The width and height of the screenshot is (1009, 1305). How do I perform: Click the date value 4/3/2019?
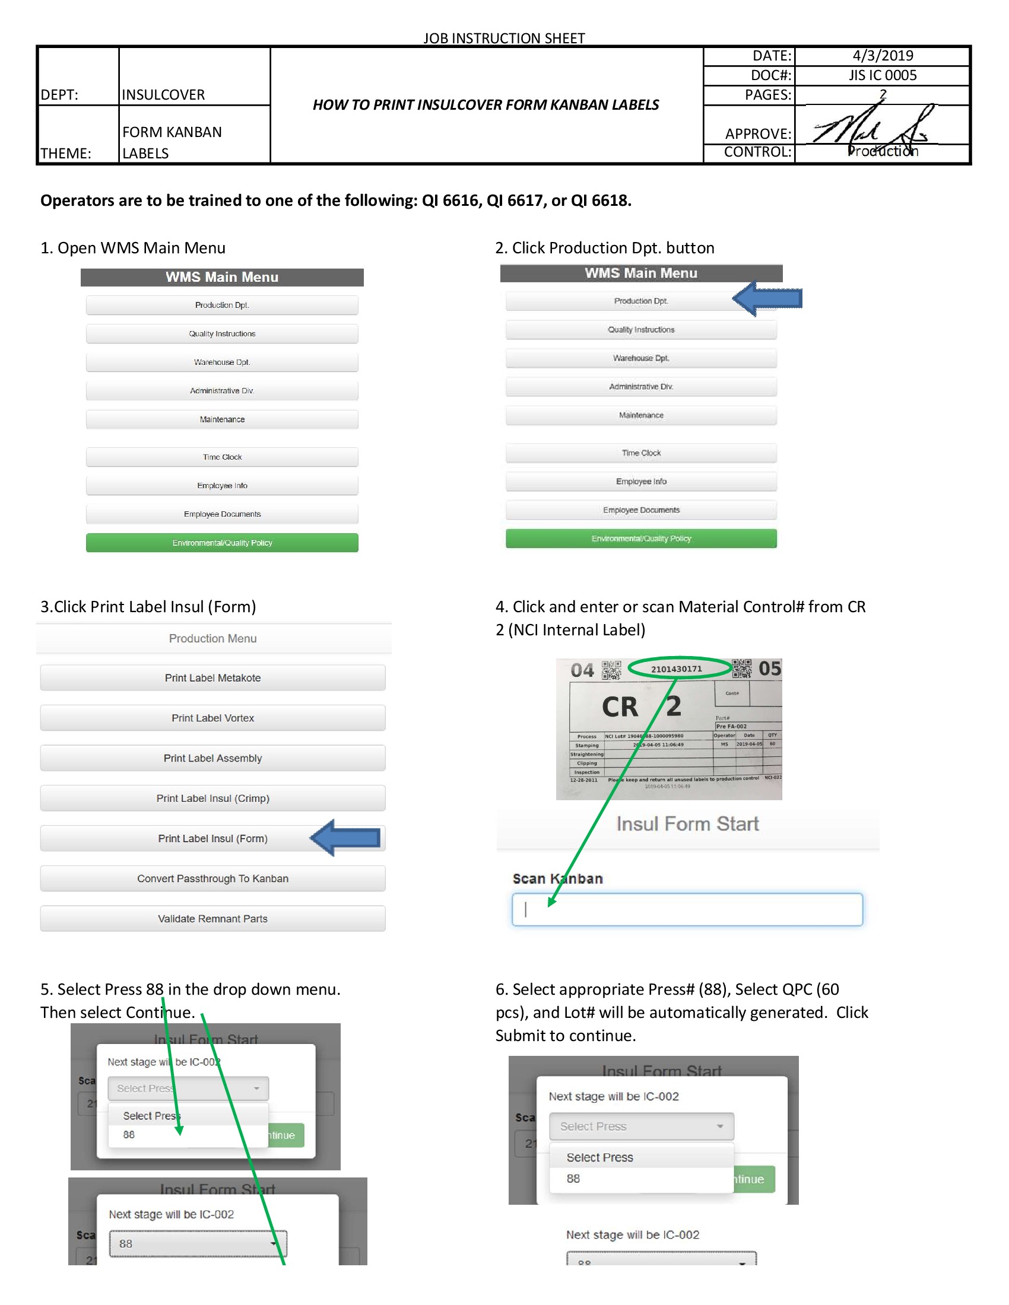882,56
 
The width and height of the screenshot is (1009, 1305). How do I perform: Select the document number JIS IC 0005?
882,75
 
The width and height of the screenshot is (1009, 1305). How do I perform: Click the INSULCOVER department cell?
163,94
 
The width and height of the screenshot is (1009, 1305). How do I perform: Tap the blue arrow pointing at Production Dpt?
767,298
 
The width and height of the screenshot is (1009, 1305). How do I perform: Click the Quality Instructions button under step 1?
222,333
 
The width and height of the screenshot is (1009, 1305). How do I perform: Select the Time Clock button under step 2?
641,453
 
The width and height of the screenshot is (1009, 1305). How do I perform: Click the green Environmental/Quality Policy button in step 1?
222,543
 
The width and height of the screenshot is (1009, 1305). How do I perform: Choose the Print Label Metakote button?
212,677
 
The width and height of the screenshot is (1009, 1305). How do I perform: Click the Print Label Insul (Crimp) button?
212,798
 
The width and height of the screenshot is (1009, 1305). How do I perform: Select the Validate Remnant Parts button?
212,918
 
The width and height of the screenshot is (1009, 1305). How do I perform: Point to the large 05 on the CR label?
769,669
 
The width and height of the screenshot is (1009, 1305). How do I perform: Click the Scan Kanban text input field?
687,909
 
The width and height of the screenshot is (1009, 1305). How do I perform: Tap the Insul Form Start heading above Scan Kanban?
687,824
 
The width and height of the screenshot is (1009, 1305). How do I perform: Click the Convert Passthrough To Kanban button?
212,879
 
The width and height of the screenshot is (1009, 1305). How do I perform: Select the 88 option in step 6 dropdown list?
574,1179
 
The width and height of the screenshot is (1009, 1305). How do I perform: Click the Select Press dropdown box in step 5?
188,1088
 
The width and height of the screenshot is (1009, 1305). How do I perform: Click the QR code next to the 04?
611,670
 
